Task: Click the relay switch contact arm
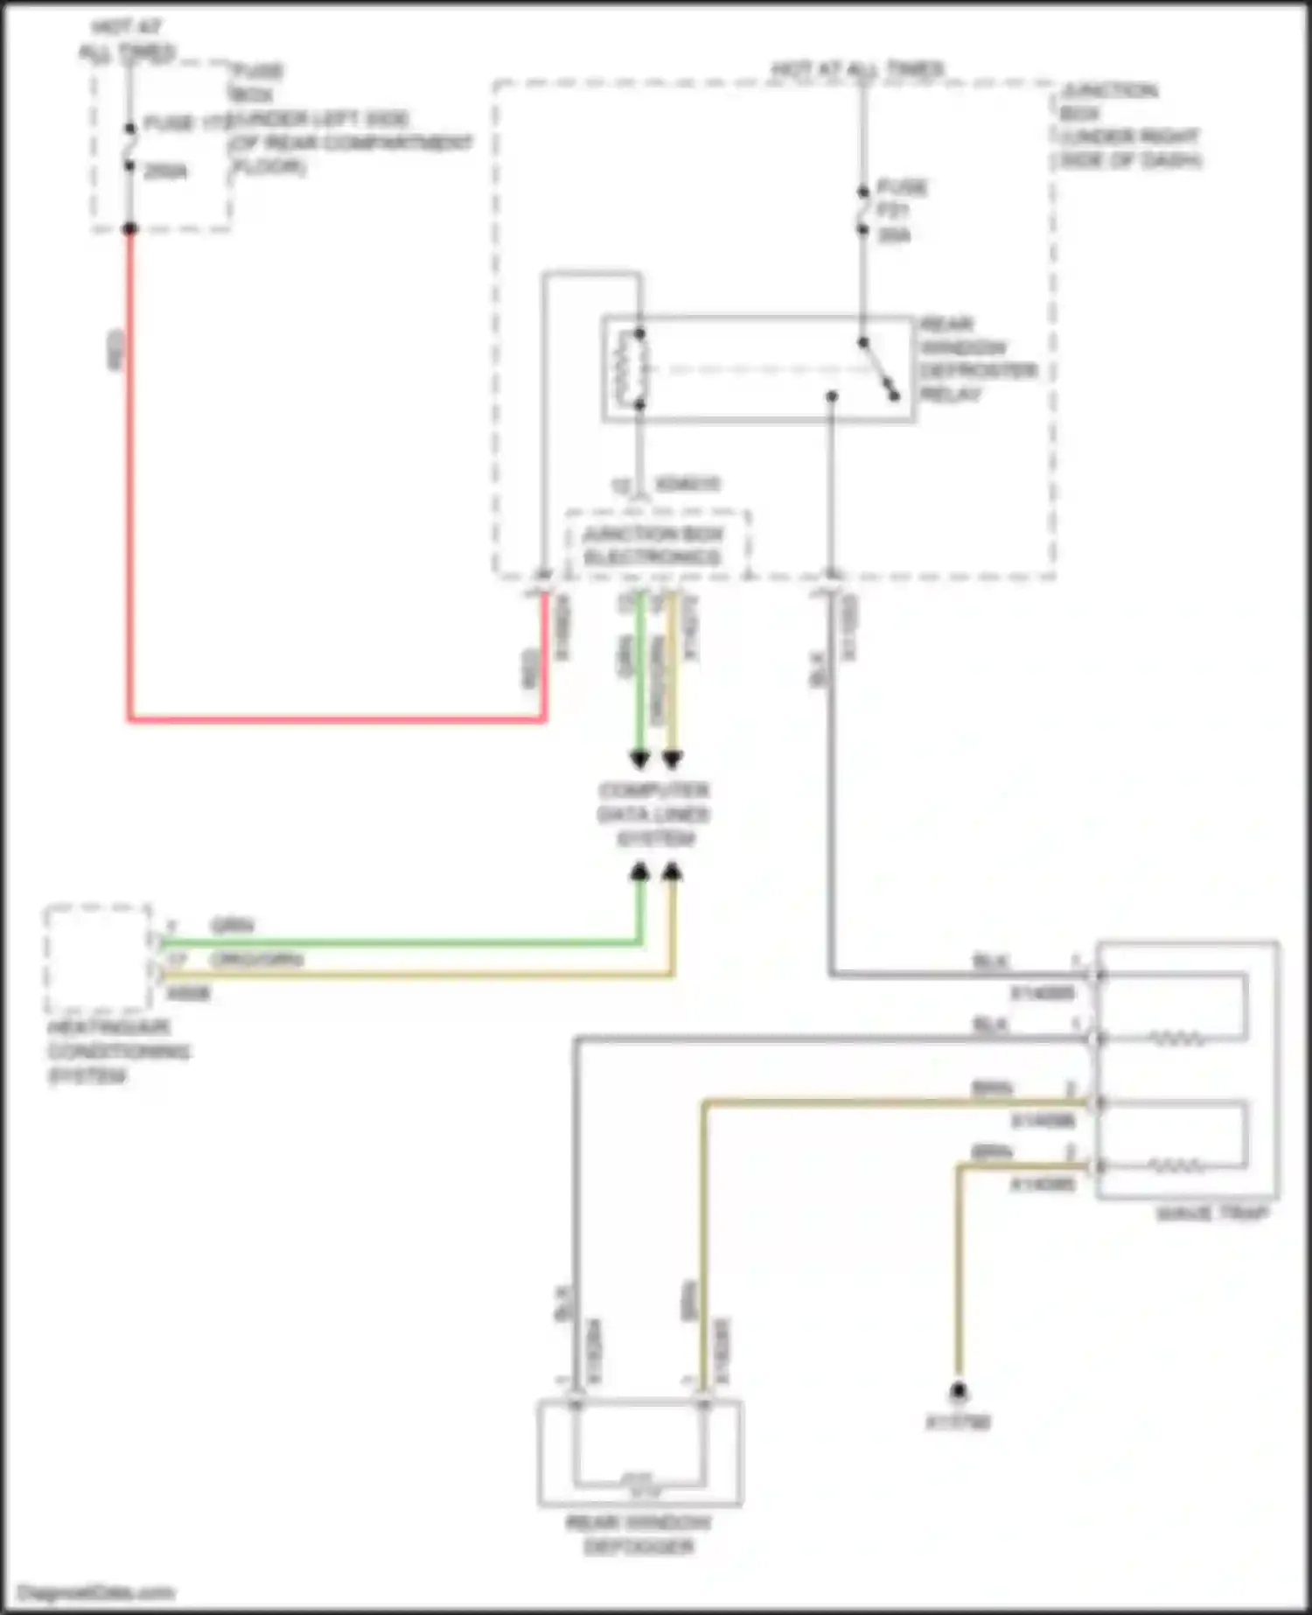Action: [878, 369]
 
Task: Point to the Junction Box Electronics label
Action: [653, 546]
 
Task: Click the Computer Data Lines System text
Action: [653, 814]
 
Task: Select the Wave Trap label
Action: [1211, 1213]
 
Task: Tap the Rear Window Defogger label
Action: [639, 1535]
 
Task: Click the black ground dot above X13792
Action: [959, 1390]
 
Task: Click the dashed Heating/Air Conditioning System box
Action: [98, 959]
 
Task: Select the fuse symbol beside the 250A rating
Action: [129, 146]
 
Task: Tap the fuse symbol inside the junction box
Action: [862, 210]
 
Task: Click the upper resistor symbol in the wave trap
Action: [1176, 1039]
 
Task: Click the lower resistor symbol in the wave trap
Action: [1176, 1166]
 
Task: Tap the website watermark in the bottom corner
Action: [96, 1592]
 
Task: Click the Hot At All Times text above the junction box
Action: [857, 68]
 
